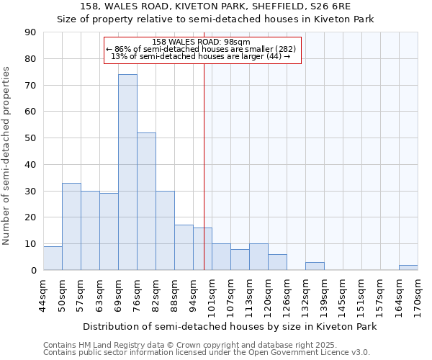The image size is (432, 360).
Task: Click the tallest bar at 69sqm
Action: [127, 173]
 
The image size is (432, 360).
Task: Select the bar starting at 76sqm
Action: [146, 202]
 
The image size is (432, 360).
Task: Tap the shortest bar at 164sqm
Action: [408, 268]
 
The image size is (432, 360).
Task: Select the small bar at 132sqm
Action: [315, 266]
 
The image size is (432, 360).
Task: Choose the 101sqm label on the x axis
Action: [212, 294]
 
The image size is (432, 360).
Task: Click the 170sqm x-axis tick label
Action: [418, 294]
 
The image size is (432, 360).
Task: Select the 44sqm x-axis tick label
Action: [43, 294]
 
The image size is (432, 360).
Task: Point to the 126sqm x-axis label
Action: [287, 294]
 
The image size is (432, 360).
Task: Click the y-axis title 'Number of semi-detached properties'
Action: [6, 156]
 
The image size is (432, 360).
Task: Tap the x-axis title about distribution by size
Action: [230, 326]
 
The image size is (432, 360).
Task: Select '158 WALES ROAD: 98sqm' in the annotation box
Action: [202, 42]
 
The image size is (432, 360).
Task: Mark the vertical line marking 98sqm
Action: [204, 166]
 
